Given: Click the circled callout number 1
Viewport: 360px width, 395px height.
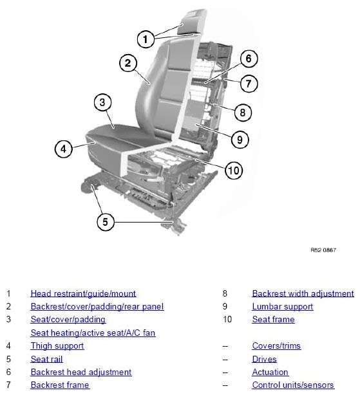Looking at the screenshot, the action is [146, 39].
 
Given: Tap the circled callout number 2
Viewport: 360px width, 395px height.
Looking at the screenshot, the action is [128, 63].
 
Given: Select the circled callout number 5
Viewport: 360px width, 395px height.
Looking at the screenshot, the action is [106, 222].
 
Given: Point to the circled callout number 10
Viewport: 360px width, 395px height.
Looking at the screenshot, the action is [234, 170].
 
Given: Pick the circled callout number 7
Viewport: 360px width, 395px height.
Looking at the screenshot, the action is [249, 84].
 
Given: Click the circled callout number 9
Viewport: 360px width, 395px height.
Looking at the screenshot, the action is [240, 140].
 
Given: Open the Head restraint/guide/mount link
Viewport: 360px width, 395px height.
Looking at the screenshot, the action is [83, 293].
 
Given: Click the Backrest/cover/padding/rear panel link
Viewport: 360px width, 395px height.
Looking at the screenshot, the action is [97, 307].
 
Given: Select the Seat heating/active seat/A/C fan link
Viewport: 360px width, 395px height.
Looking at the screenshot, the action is [93, 333].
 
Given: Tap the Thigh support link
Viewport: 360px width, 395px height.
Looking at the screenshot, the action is [57, 346].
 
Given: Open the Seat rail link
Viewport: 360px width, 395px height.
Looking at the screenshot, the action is [46, 359].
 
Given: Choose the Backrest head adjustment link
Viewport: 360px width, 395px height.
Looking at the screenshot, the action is [81, 372].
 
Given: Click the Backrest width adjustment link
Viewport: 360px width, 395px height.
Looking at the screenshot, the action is [303, 293].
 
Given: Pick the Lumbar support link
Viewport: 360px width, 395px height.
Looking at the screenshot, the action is [283, 307].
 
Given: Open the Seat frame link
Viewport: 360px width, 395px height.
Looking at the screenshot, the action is [273, 320].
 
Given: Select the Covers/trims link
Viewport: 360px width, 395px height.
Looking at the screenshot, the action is [276, 345].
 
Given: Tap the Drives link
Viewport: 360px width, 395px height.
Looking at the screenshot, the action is [264, 359].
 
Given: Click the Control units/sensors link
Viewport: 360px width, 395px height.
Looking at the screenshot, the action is [293, 385].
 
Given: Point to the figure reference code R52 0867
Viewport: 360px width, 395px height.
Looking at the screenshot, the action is [323, 250].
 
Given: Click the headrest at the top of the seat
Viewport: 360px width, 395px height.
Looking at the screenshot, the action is [191, 22].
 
